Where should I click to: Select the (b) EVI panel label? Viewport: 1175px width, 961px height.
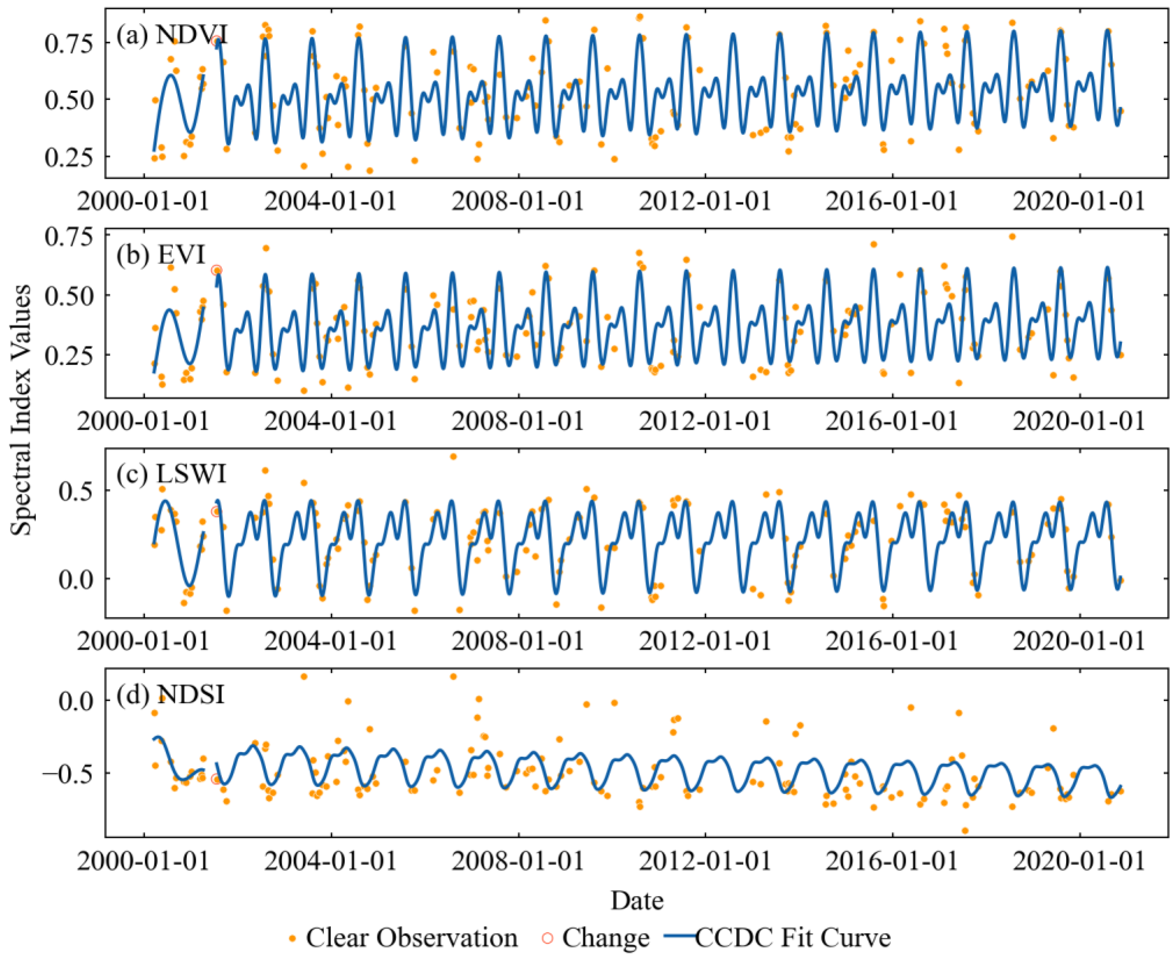tap(161, 255)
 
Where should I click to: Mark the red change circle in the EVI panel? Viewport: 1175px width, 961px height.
tap(216, 270)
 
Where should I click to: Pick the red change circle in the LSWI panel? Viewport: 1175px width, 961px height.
tap(216, 512)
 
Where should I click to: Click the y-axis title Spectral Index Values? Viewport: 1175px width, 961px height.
tap(22, 409)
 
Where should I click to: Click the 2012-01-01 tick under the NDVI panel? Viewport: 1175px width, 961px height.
tap(705, 201)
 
